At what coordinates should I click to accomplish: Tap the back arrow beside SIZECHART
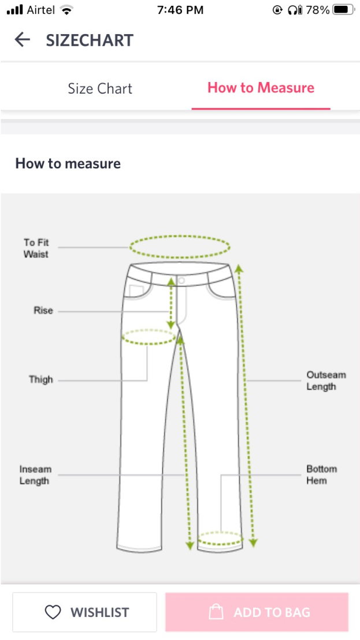(x=22, y=40)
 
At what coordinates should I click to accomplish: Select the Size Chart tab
(x=100, y=88)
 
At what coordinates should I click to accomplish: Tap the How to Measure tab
(x=261, y=88)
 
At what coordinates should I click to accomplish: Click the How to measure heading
(x=68, y=163)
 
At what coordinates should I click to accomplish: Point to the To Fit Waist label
(x=36, y=248)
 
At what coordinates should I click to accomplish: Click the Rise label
(x=43, y=311)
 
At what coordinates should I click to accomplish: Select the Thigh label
(x=41, y=379)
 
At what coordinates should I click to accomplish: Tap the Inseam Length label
(x=35, y=475)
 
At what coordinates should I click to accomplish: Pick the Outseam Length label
(x=326, y=381)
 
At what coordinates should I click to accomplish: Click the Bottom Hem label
(x=321, y=475)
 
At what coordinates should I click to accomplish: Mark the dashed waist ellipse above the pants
(x=180, y=247)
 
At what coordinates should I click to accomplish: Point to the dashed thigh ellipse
(x=149, y=337)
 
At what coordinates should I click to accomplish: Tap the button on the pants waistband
(x=181, y=280)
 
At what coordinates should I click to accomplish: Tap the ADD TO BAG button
(x=257, y=612)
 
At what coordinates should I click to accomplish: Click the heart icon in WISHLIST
(x=53, y=612)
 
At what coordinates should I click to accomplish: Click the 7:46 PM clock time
(x=180, y=10)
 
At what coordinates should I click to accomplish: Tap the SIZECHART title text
(x=90, y=40)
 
